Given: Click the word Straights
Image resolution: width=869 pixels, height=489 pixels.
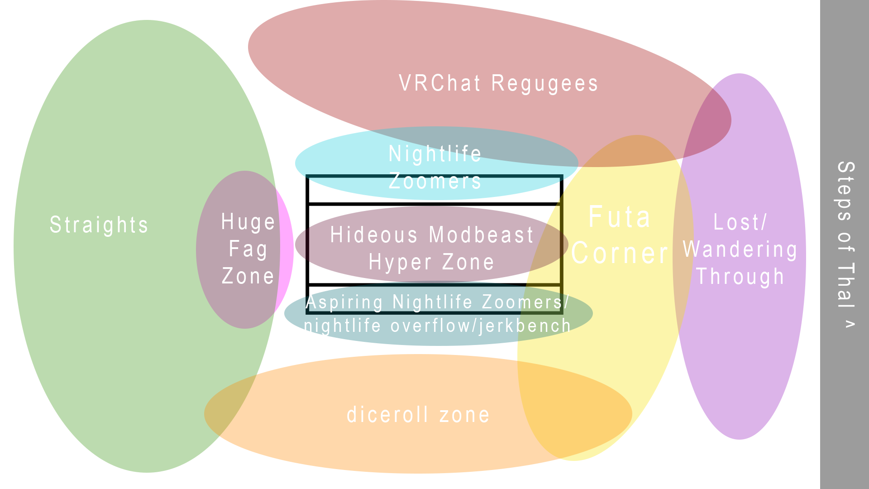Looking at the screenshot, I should point(99,225).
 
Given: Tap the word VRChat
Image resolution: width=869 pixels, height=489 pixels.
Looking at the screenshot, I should point(439,84).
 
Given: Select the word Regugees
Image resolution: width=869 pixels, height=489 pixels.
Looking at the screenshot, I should point(544,84).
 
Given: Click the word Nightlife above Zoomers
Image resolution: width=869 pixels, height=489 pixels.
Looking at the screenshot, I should point(435,154).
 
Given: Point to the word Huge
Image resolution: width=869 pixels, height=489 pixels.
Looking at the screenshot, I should point(248,222).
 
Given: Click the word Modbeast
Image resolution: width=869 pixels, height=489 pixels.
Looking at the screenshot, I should point(481,235).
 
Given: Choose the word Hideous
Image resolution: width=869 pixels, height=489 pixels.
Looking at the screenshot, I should point(374,235).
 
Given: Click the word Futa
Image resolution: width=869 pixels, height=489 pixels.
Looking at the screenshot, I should point(620,217).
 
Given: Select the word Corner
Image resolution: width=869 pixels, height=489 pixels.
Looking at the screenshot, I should point(620,253).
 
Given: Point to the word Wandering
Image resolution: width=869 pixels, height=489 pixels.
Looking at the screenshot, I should point(740,249).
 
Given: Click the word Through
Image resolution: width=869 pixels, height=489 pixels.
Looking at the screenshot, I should point(740,277).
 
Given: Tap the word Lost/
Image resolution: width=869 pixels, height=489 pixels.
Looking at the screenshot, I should point(740,222).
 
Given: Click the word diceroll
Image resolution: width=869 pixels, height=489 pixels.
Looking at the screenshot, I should point(387,415).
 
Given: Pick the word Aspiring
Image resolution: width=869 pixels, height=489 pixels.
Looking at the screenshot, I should point(344,302).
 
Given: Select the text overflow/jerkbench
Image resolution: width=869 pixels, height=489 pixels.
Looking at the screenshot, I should point(481,326).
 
